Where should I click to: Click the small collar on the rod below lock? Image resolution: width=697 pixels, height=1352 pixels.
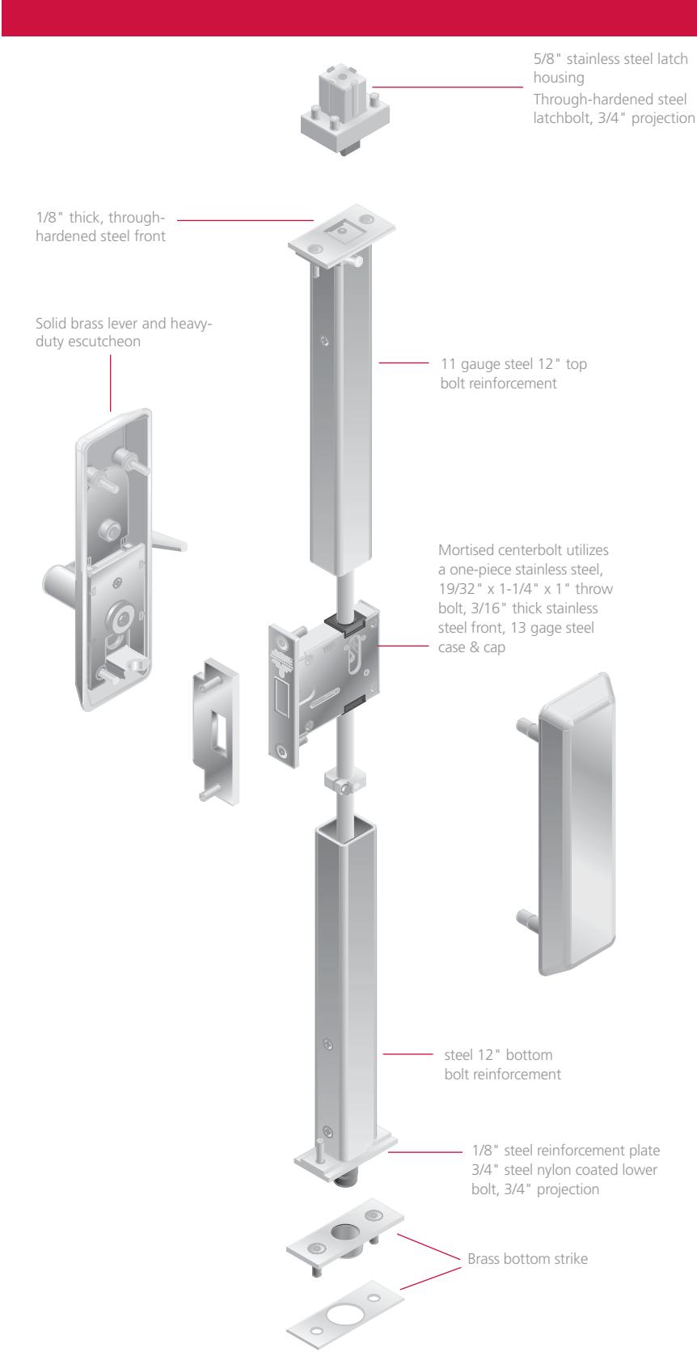click(340, 782)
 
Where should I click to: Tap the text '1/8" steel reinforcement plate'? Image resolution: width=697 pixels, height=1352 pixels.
click(566, 1151)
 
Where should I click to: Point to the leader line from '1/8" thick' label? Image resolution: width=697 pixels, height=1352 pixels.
click(243, 218)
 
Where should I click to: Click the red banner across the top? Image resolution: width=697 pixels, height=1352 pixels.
click(348, 18)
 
